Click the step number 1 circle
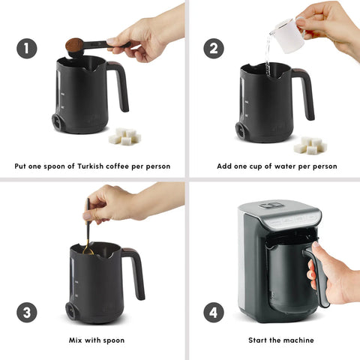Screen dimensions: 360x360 (x=27, y=49)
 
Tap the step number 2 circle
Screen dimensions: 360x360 (x=214, y=49)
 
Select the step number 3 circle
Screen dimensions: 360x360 (x=27, y=313)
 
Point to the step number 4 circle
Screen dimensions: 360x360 (x=214, y=313)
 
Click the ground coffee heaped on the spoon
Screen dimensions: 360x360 (x=74, y=44)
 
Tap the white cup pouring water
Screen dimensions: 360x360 (x=290, y=35)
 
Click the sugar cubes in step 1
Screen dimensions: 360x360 (x=124, y=136)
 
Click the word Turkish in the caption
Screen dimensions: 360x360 (x=90, y=166)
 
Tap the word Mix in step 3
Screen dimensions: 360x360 (x=76, y=340)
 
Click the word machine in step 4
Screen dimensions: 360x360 (x=298, y=340)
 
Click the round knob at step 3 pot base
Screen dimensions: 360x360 (x=72, y=310)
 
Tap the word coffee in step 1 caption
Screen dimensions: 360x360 (x=117, y=166)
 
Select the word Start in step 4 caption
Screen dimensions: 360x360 (x=258, y=340)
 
